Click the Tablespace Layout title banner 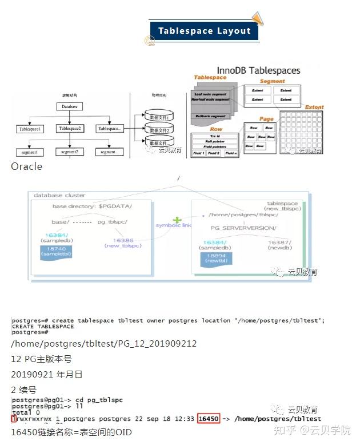click(x=204, y=31)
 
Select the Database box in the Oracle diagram click(x=70, y=106)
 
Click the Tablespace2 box click(x=70, y=129)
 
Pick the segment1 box click(x=29, y=153)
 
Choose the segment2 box click(x=70, y=152)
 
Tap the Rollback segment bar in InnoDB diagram click(x=210, y=116)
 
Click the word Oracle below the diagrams click(x=26, y=166)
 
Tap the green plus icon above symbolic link click(x=177, y=220)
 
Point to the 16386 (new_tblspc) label click(x=122, y=243)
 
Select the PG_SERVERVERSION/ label click(x=243, y=228)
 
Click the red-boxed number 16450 click(x=209, y=419)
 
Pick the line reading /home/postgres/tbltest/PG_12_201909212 click(x=103, y=344)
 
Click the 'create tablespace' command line click(x=168, y=320)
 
